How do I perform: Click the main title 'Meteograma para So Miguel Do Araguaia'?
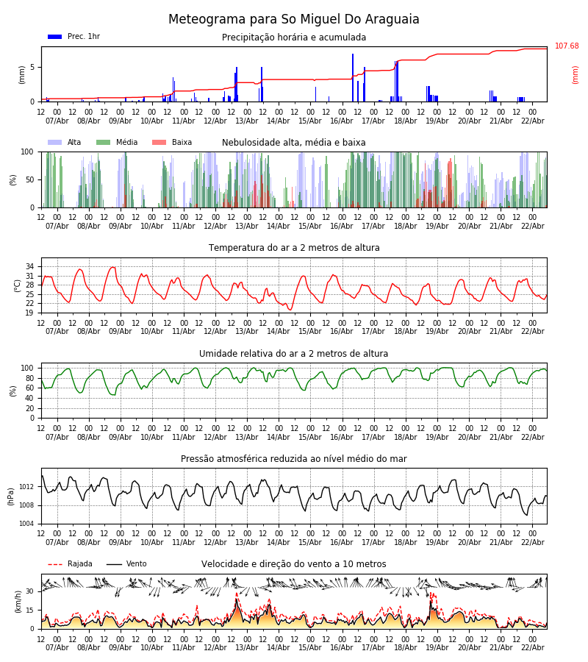(294, 20)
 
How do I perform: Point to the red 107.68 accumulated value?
(567, 46)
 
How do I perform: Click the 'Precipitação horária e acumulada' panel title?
(294, 38)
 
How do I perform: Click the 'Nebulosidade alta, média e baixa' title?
(294, 143)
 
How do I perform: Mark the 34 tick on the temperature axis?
(30, 267)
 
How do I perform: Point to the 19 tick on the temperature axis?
(30, 313)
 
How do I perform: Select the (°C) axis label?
(18, 285)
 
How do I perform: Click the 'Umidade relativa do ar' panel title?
(294, 354)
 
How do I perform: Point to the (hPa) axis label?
(11, 496)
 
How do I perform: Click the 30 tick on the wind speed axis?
(30, 591)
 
